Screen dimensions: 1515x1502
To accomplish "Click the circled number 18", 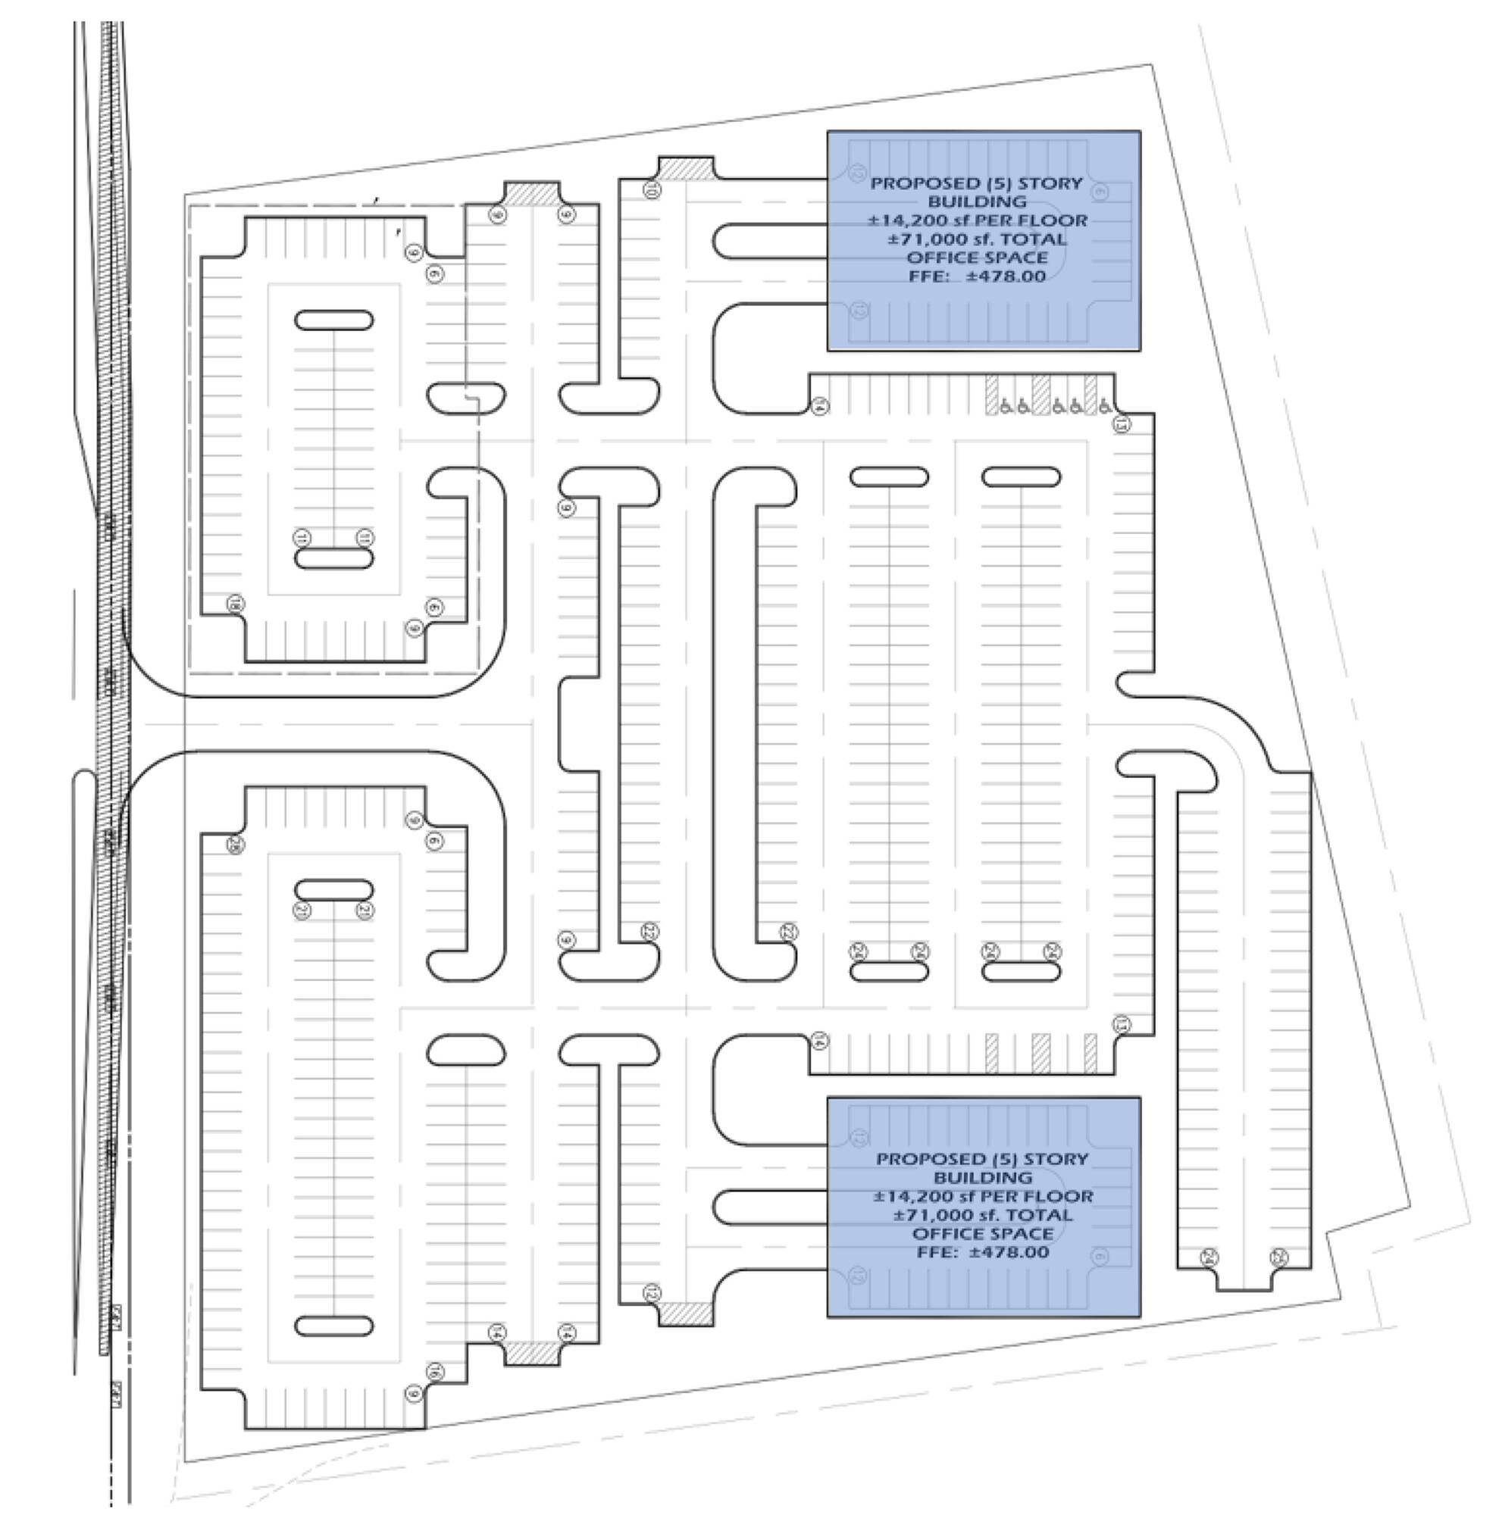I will coord(234,604).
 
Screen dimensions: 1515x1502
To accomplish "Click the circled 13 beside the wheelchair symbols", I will coord(1122,424).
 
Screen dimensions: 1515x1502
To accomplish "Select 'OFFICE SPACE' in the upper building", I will coord(977,258).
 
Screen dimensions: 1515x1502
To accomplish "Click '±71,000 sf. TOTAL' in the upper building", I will coord(978,239).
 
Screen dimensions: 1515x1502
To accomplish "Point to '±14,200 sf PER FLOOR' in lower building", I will coord(983,1196).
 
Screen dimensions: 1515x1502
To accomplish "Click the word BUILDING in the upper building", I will coord(977,201).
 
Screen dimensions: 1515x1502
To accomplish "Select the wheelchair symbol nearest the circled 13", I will coord(1103,405).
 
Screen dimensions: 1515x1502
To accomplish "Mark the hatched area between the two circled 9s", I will coord(532,194).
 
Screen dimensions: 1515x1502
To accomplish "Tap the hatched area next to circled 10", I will coord(686,168).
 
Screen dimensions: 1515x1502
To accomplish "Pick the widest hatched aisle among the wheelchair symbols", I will coord(1040,394).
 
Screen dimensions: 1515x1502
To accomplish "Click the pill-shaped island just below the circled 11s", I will coord(333,558).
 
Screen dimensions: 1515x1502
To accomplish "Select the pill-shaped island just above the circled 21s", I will coord(333,890).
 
